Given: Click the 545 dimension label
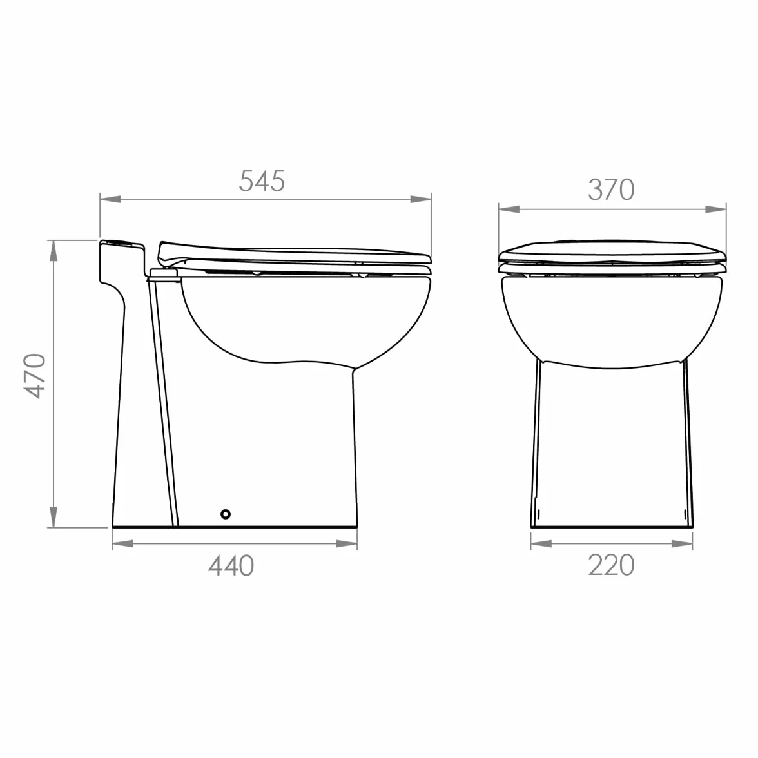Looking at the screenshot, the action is tap(262, 181).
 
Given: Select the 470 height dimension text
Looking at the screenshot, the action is tap(35, 376).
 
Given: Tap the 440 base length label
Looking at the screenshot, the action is tap(231, 566).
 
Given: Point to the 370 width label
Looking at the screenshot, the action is tap(611, 190).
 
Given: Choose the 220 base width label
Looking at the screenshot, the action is tap(611, 566).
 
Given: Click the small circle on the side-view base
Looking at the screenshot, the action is tap(226, 514).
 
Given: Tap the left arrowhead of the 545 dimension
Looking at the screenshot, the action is tap(110, 199).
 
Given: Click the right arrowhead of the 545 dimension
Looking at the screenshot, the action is tap(420, 199).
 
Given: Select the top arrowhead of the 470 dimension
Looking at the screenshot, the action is tap(53, 250).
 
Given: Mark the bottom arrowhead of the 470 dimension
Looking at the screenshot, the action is tap(53, 517).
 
